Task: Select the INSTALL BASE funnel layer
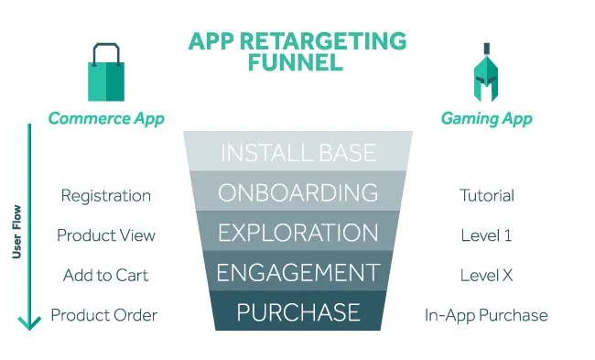point(297,151)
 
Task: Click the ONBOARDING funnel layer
point(297,191)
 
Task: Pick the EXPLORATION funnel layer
point(297,232)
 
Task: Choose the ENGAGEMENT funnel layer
point(297,272)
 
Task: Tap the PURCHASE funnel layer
point(297,311)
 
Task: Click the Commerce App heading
point(106,118)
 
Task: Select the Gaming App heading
point(486,118)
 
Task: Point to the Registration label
point(105,195)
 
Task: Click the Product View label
point(105,235)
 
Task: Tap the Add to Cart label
point(105,275)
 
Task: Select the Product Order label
point(103,315)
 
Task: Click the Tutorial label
point(486,195)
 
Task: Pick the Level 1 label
point(486,235)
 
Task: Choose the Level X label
point(486,275)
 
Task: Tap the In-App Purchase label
point(486,315)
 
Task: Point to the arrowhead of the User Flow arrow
point(29,322)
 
